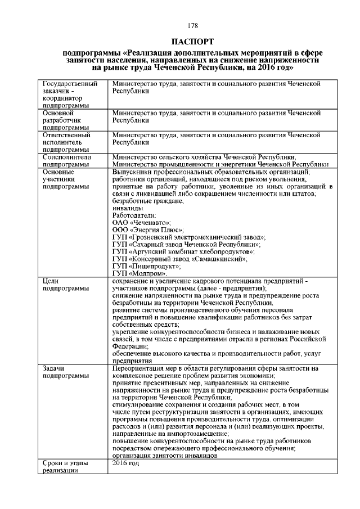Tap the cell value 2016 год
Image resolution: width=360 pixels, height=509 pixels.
coord(125,463)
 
